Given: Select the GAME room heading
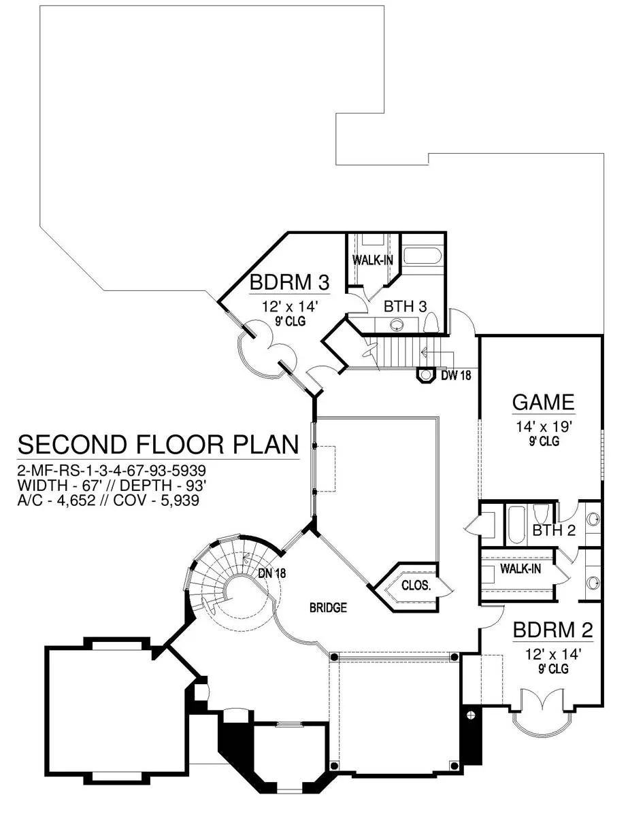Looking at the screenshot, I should pos(543,402).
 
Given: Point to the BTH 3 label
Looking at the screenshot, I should pos(405,306).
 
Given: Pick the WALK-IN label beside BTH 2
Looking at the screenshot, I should pos(520,568).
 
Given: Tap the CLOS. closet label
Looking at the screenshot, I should pos(416,584).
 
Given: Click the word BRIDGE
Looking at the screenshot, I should pos(329,607).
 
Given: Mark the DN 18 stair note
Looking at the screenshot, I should pos(272,573).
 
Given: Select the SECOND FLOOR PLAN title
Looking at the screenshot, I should pos(157,445).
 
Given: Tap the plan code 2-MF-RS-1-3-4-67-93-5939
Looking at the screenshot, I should pos(112,470).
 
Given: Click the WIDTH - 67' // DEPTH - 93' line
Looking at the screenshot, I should pos(112,485).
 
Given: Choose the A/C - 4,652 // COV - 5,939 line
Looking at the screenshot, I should pos(112,500).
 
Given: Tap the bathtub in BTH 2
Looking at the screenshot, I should pos(515,524).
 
